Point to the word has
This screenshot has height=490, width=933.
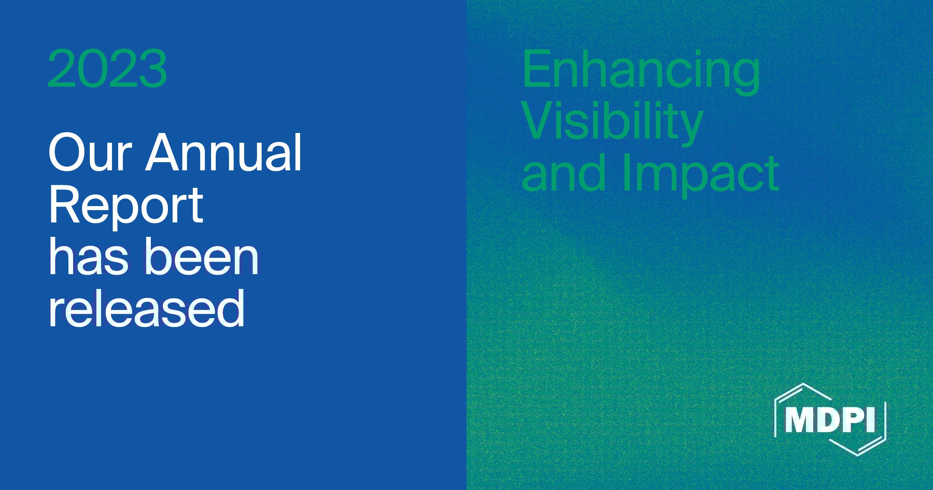click(88, 257)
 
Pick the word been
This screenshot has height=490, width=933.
click(202, 257)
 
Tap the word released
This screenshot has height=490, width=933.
click(147, 308)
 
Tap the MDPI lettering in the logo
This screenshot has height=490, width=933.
click(830, 420)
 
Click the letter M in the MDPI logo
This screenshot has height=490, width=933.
click(799, 420)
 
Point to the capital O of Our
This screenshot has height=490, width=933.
click(66, 152)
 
